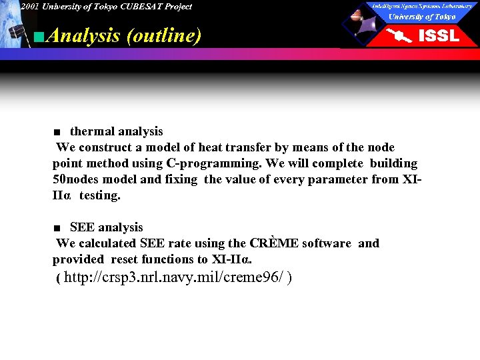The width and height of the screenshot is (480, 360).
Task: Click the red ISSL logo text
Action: click(x=438, y=35)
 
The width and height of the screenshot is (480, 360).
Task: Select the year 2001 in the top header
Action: click(x=29, y=7)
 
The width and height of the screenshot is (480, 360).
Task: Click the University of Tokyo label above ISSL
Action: click(x=422, y=16)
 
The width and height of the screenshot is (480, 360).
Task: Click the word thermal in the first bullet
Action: click(x=91, y=131)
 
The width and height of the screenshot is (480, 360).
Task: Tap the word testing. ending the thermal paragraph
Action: click(x=100, y=195)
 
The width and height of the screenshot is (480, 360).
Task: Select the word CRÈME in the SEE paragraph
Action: click(x=274, y=243)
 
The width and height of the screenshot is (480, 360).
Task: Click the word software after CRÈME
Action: click(x=327, y=243)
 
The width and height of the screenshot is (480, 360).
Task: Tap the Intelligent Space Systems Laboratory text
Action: click(x=422, y=5)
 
